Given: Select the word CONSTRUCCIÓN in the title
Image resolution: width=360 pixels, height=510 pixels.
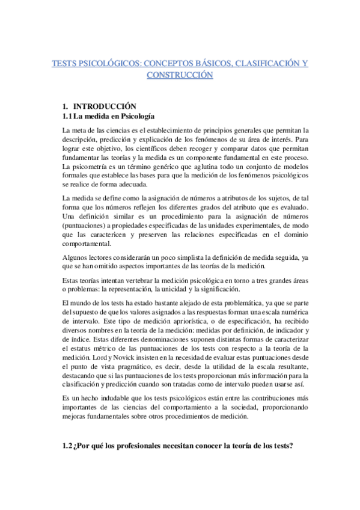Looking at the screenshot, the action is pyautogui.click(x=180, y=75).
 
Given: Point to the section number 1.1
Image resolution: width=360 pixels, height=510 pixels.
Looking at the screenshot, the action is pyautogui.click(x=68, y=115).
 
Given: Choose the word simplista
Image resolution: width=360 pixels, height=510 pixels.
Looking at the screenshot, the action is pyautogui.click(x=175, y=241).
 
